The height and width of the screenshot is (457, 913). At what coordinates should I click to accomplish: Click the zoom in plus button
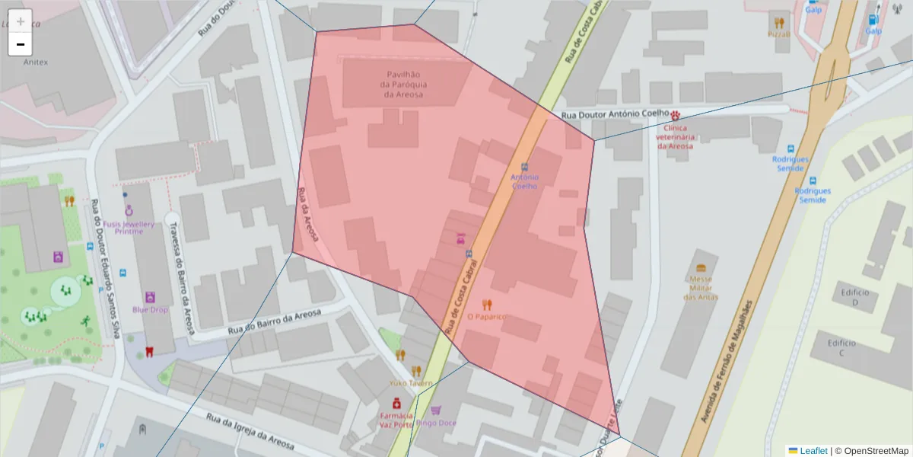point(21,21)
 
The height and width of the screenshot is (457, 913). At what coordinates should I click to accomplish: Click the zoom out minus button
point(21,44)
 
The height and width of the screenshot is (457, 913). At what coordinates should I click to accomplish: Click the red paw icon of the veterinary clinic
point(675,115)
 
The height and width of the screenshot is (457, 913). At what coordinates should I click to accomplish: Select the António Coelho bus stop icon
point(525,167)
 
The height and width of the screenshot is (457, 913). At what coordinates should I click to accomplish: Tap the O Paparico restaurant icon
point(487,305)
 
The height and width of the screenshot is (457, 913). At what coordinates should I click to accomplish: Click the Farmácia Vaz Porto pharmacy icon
point(396,403)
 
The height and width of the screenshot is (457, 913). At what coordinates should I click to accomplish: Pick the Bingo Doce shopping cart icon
point(436,410)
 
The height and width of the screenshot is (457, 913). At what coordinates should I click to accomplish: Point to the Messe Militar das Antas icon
point(701,268)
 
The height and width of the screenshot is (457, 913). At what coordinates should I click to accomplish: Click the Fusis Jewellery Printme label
point(129,228)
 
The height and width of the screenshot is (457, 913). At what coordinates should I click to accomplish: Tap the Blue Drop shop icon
point(150,297)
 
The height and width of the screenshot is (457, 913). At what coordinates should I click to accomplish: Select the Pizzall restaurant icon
point(778,22)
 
